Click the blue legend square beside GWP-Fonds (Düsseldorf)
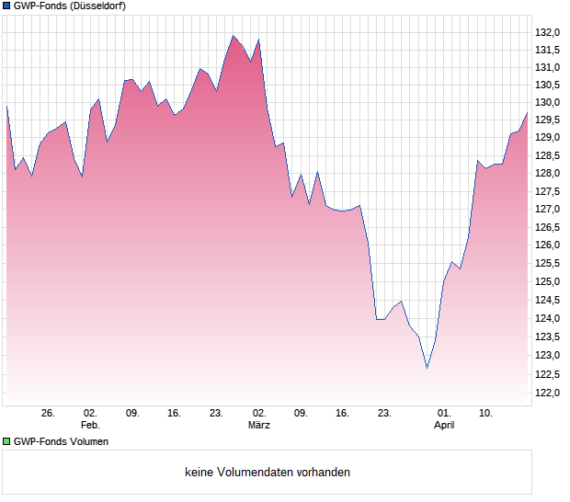pyautogui.click(x=6, y=6)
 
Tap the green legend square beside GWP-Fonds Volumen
pyautogui.click(x=6, y=441)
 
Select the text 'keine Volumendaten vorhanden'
pyautogui.click(x=268, y=473)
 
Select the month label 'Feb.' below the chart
pyautogui.click(x=89, y=425)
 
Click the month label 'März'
pyautogui.click(x=258, y=425)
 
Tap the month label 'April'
pyautogui.click(x=444, y=425)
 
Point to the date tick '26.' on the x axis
pyautogui.click(x=49, y=414)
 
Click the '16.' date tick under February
pyautogui.click(x=175, y=414)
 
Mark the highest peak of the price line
pyautogui.click(x=234, y=36)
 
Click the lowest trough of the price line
pyautogui.click(x=427, y=368)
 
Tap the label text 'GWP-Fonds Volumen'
pyautogui.click(x=62, y=441)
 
